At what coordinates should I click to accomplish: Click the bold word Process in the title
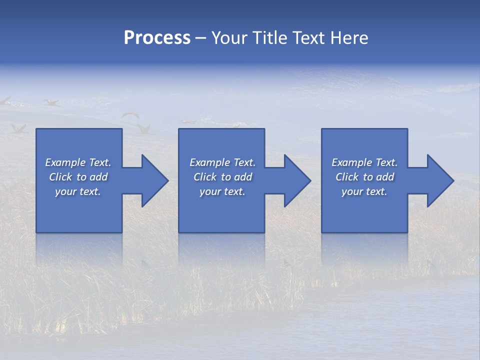(x=157, y=38)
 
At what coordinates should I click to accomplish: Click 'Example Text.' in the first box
(x=78, y=162)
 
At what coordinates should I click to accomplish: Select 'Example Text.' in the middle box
(x=222, y=162)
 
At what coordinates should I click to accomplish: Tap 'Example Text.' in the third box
(x=364, y=162)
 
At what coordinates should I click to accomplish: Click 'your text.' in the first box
(x=78, y=191)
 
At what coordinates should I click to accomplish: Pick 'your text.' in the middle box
(x=222, y=191)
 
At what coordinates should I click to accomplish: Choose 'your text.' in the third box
(x=364, y=191)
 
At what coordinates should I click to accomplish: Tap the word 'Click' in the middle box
(x=205, y=177)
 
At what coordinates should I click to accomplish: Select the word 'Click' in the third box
(x=347, y=177)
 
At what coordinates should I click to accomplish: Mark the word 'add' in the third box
(x=384, y=177)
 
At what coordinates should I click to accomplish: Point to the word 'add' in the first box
(x=98, y=177)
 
